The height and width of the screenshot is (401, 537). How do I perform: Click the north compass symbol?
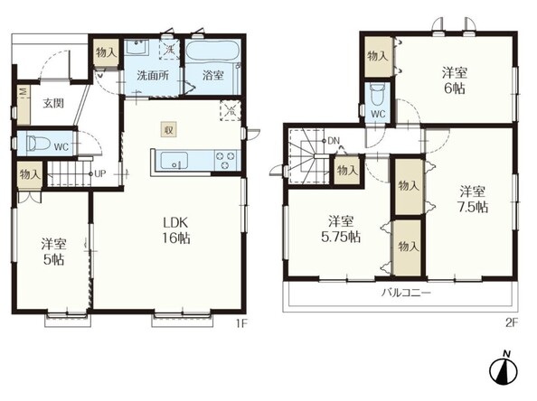point(504,368)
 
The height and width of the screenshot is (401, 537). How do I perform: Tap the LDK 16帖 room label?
point(175,230)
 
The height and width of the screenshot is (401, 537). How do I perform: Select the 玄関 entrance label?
point(53,103)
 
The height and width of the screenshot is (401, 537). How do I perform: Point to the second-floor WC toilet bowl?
point(377,94)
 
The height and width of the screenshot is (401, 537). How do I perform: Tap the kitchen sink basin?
point(174,160)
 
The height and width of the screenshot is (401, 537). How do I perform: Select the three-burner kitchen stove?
point(225,160)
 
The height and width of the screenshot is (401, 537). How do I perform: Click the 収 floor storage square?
point(168,130)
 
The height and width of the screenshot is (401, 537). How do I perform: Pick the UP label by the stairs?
point(99,173)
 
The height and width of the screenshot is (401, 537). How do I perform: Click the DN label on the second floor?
point(334,140)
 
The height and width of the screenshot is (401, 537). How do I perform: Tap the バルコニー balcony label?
point(406,294)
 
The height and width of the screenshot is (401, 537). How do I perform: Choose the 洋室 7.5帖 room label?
point(473,200)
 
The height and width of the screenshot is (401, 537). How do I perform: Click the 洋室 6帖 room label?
point(455,80)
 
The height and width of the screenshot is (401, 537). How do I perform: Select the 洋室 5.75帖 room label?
point(341,229)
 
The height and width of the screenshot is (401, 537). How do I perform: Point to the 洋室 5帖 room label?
point(53,252)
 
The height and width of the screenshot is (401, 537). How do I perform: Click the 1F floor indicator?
point(241,323)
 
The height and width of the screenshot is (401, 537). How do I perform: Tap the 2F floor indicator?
point(512,323)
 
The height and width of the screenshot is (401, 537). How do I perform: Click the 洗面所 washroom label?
point(153,75)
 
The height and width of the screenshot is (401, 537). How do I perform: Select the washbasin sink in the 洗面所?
point(137,48)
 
